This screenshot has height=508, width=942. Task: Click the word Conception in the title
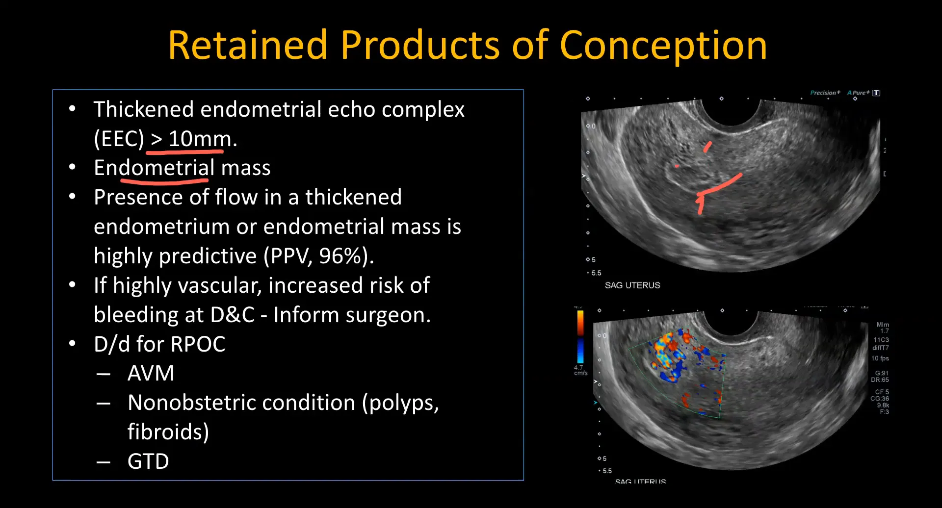click(663, 46)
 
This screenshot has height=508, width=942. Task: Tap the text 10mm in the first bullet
click(200, 139)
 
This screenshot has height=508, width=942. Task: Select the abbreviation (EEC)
click(119, 139)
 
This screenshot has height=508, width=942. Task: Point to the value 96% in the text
click(340, 256)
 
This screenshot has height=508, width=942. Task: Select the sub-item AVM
click(151, 373)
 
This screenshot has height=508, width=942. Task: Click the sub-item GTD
click(148, 461)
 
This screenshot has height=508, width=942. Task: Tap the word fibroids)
click(168, 432)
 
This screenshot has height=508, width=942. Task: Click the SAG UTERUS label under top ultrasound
click(632, 285)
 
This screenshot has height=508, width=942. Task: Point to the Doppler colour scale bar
click(580, 337)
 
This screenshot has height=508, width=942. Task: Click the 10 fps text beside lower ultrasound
click(880, 358)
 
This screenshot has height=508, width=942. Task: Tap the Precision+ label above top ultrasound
click(825, 93)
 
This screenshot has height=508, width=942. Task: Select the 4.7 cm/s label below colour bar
click(580, 370)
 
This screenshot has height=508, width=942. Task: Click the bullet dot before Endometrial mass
click(72, 168)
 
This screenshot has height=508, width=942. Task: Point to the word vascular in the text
click(188, 285)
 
